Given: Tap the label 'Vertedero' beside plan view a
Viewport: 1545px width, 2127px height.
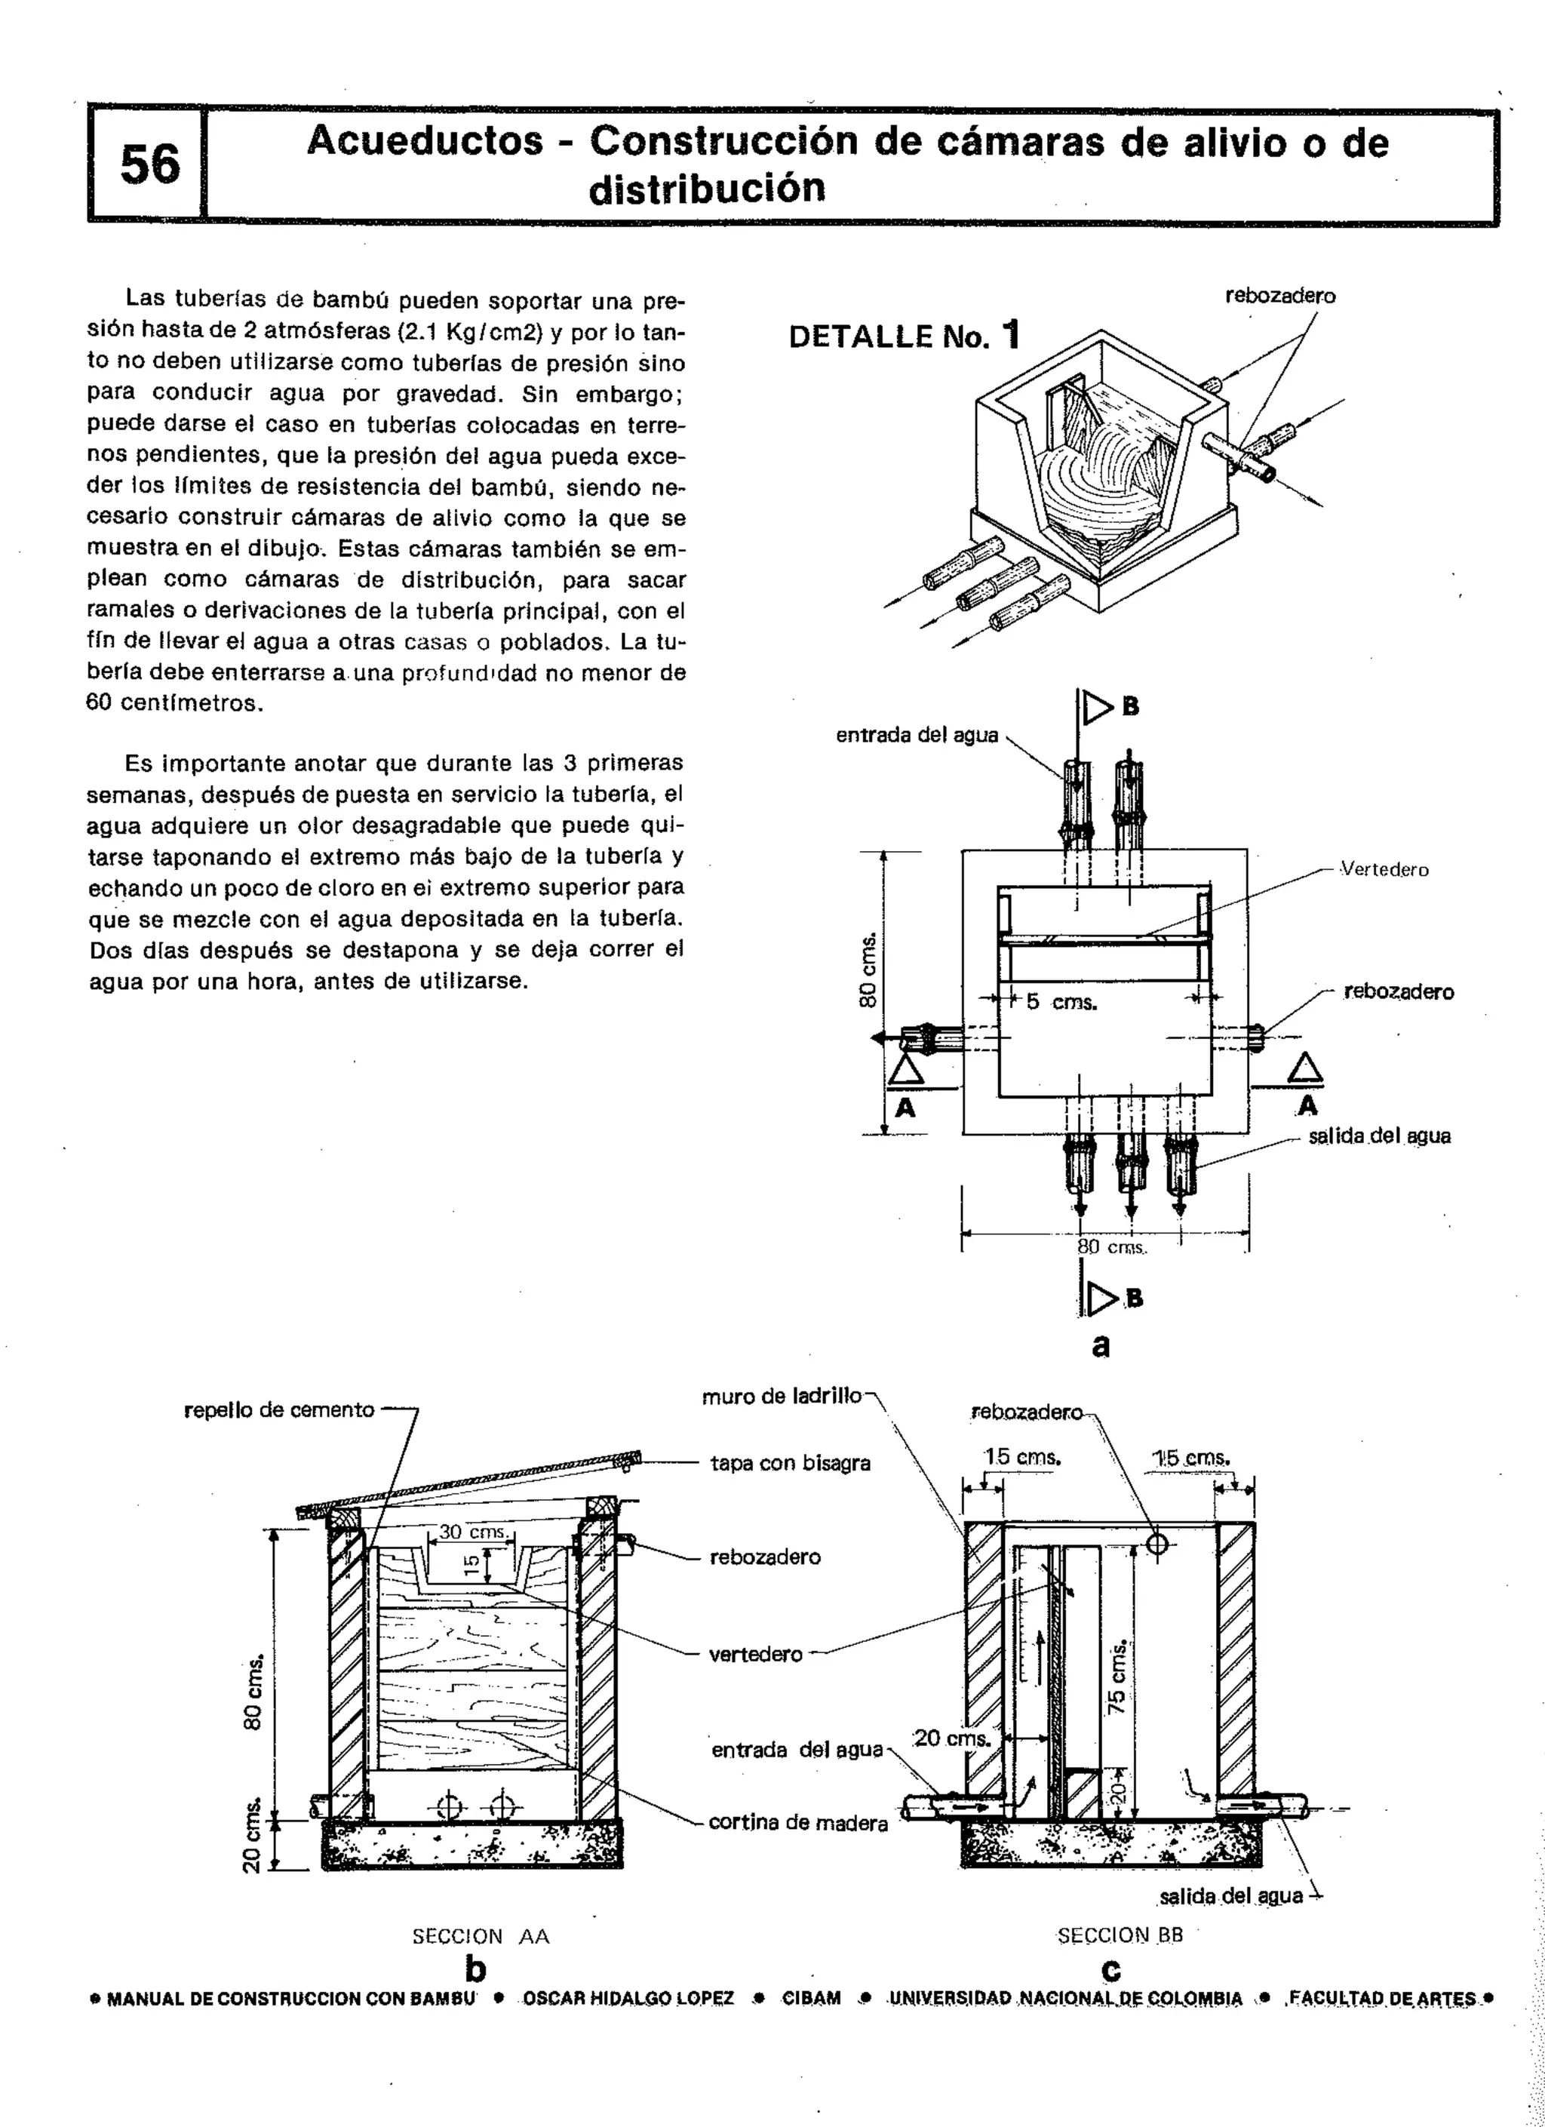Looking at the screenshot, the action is click(1384, 869).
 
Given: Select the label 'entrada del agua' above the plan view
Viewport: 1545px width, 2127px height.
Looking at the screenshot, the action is click(917, 735).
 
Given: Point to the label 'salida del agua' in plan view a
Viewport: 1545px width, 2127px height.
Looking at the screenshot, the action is click(1379, 1136).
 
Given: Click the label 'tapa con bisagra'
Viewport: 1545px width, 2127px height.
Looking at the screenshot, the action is click(791, 1462).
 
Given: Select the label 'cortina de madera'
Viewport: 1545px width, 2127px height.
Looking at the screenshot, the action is click(798, 1822).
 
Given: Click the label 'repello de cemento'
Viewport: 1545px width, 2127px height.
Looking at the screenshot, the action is click(279, 1409).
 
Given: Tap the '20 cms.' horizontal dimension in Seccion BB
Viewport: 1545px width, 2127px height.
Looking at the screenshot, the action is click(951, 1738).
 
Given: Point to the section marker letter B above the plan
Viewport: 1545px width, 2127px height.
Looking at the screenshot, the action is click(1131, 707).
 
